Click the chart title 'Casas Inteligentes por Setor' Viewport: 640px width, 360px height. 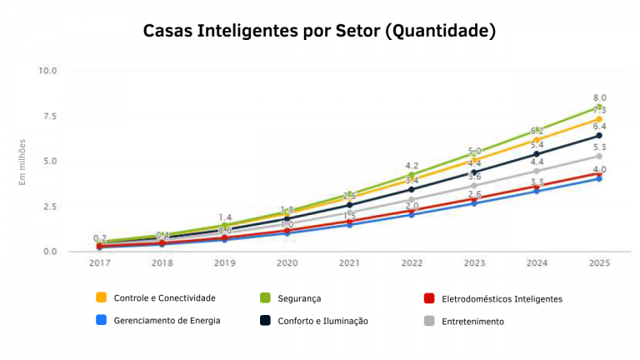click(x=319, y=32)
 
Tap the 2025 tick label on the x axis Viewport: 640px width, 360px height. click(x=598, y=263)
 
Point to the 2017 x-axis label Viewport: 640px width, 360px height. click(x=100, y=263)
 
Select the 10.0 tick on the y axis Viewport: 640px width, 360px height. click(x=47, y=70)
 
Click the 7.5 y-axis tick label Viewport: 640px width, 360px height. click(x=47, y=116)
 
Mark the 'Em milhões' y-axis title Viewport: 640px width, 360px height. click(x=23, y=162)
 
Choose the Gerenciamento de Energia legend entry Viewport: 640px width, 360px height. click(x=167, y=320)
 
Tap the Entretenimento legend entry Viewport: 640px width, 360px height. click(x=471, y=321)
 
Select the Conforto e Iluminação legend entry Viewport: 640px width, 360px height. click(x=322, y=320)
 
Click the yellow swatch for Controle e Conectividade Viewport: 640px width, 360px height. click(x=102, y=297)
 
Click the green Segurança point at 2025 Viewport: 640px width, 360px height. click(x=598, y=107)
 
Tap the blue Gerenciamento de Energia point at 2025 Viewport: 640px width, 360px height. click(x=598, y=178)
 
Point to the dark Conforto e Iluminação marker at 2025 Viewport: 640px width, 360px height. click(x=598, y=136)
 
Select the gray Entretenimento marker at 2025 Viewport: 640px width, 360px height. click(x=598, y=156)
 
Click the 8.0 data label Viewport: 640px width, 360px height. click(x=599, y=97)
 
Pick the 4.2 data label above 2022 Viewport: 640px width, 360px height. click(x=412, y=166)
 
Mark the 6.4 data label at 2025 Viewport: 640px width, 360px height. click(x=599, y=126)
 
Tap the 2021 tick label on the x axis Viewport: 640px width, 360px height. click(x=349, y=263)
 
